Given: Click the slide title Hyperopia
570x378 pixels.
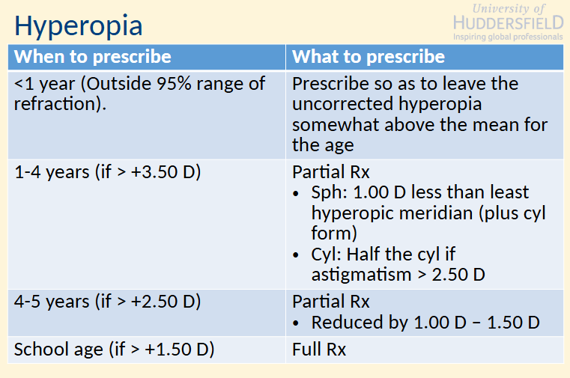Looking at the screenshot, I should (79, 26).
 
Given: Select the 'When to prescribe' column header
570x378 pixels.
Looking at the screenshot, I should (93, 57).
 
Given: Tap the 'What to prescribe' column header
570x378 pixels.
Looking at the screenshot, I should (368, 57).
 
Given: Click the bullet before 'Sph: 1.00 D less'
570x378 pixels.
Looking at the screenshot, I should (299, 193).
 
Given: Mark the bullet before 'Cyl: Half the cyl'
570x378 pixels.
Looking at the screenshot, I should (299, 254).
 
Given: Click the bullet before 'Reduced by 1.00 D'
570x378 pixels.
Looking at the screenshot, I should (299, 323).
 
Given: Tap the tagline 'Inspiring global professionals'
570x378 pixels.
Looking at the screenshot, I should (508, 36).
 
